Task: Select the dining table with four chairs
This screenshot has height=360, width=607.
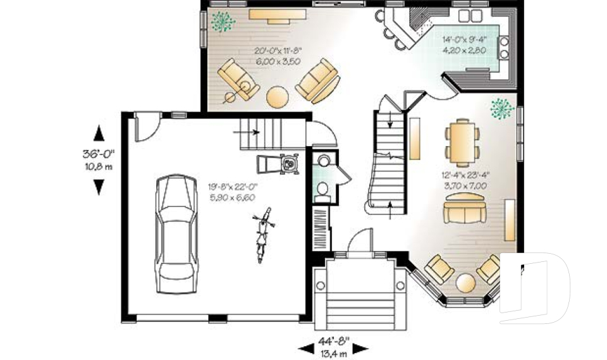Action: pyautogui.click(x=462, y=140)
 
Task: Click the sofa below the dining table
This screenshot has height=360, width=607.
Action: pyautogui.click(x=463, y=208)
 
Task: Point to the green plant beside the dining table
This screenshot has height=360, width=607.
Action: pyautogui.click(x=501, y=108)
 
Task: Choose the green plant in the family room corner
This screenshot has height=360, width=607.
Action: pyautogui.click(x=223, y=22)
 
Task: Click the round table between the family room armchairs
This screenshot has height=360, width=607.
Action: pyautogui.click(x=277, y=96)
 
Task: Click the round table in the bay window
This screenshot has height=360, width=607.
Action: pyautogui.click(x=465, y=283)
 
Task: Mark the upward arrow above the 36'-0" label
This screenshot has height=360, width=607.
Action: pyautogui.click(x=99, y=133)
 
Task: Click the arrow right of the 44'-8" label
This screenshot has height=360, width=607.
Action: pyautogui.click(x=360, y=349)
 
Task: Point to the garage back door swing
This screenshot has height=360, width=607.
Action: pyautogui.click(x=148, y=128)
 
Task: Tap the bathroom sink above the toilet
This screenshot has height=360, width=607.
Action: pyautogui.click(x=324, y=161)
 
